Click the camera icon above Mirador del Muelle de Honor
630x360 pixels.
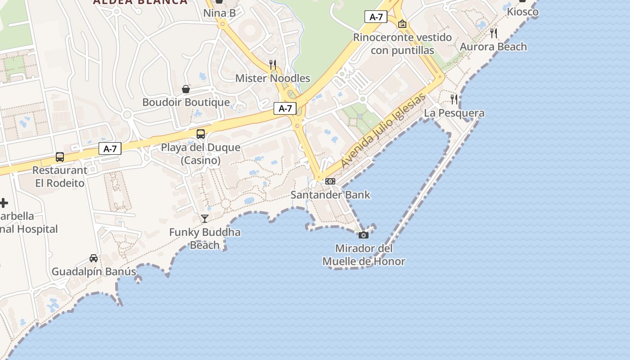[x=363, y=235]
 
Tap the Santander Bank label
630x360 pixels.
[x=330, y=195]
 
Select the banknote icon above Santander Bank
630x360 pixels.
[x=330, y=181]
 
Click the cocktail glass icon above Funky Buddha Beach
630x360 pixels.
[x=205, y=219]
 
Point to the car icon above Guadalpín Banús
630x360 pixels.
[x=94, y=258]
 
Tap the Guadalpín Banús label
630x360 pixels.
[x=94, y=272]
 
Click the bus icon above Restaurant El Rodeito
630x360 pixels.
[x=60, y=157]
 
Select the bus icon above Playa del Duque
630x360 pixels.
[x=201, y=134]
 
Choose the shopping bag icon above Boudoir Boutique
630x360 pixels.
[x=186, y=89]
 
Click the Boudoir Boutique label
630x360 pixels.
[x=186, y=102]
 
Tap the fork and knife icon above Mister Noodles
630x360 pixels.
[x=273, y=65]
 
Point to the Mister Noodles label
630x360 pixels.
[x=273, y=78]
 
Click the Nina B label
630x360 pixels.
[x=220, y=13]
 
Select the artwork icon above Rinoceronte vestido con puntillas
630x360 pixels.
[x=402, y=24]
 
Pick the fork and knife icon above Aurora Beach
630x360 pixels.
[x=494, y=33]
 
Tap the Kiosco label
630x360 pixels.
[x=522, y=12]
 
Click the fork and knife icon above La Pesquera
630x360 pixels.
[x=454, y=99]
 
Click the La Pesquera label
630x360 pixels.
[x=454, y=113]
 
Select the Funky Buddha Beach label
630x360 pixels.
[x=205, y=238]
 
